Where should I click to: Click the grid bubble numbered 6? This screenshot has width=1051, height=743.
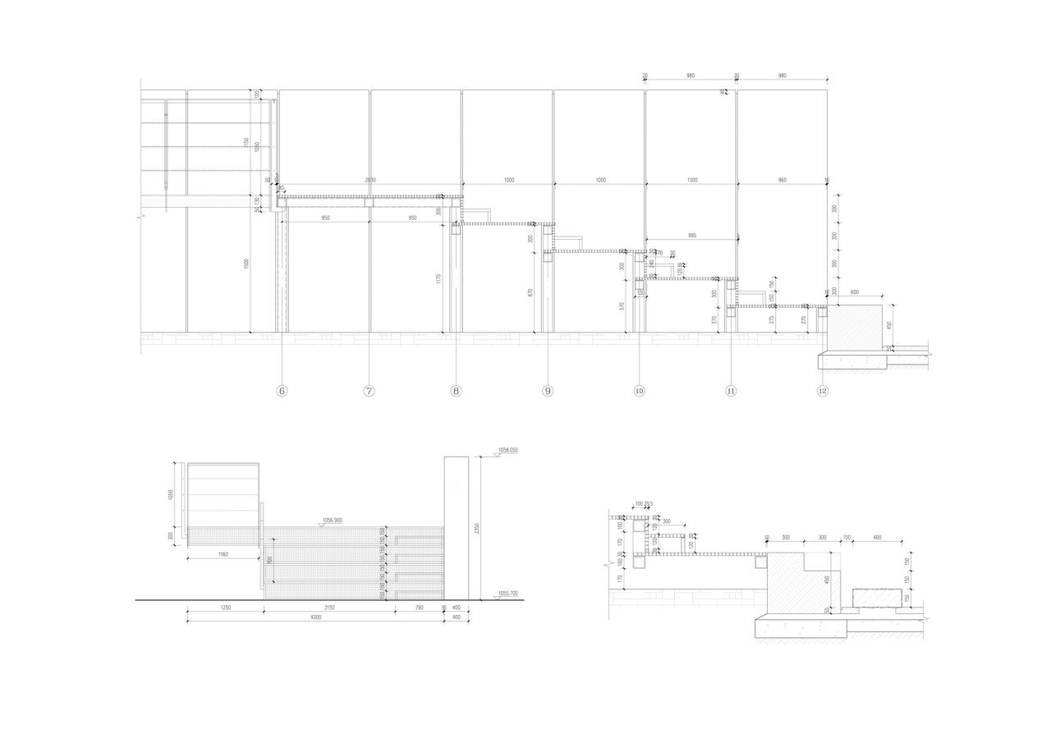pyautogui.click(x=282, y=391)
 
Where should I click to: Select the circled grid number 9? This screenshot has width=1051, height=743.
pyautogui.click(x=548, y=391)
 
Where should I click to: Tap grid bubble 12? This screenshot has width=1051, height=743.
pyautogui.click(x=823, y=391)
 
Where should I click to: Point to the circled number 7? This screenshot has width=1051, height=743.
pyautogui.click(x=369, y=391)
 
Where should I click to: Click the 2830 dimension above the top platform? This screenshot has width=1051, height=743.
pyautogui.click(x=370, y=180)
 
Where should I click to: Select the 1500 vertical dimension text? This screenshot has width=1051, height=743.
pyautogui.click(x=246, y=264)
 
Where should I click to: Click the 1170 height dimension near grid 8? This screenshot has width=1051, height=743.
pyautogui.click(x=439, y=279)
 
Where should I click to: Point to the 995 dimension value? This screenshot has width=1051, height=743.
pyautogui.click(x=692, y=236)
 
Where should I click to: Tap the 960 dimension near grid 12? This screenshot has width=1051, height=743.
pyautogui.click(x=782, y=180)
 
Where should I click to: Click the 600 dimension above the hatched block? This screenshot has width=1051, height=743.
pyautogui.click(x=855, y=292)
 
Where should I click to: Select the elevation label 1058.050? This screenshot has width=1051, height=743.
pyautogui.click(x=507, y=450)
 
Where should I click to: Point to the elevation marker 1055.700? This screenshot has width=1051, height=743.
pyautogui.click(x=507, y=594)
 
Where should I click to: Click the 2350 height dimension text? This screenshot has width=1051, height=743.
pyautogui.click(x=477, y=529)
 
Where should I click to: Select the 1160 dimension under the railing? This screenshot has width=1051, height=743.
pyautogui.click(x=223, y=555)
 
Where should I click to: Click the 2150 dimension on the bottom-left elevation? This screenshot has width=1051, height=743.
pyautogui.click(x=329, y=608)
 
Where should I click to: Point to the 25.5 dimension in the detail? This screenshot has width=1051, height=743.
pyautogui.click(x=649, y=504)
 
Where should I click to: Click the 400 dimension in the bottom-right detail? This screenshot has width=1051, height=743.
pyautogui.click(x=877, y=538)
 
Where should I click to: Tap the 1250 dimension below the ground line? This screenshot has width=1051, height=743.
pyautogui.click(x=225, y=608)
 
